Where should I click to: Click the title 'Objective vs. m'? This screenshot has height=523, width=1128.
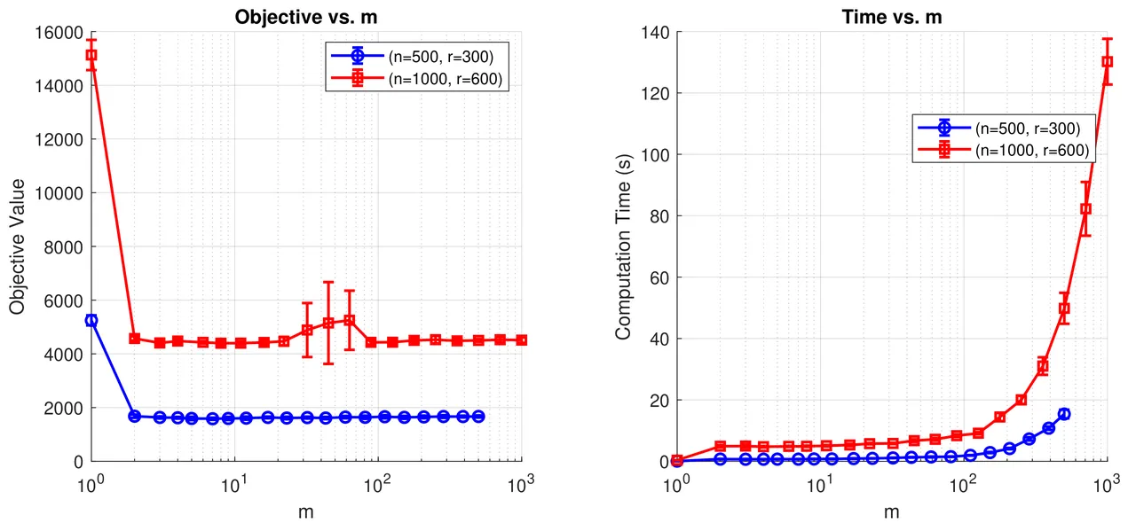(x=306, y=16)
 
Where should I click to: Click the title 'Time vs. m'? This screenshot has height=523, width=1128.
(x=892, y=16)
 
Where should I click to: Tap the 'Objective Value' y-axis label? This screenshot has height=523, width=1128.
(x=18, y=247)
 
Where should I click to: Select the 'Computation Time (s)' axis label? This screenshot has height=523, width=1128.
(x=624, y=247)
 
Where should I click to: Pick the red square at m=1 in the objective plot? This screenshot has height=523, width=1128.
(x=91, y=55)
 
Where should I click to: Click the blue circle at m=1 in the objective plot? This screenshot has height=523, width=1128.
(x=91, y=320)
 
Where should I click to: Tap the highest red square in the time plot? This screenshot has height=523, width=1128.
(x=1107, y=62)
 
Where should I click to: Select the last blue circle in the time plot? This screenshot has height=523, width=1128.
(x=1064, y=414)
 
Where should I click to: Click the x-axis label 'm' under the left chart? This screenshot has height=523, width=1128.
(x=306, y=511)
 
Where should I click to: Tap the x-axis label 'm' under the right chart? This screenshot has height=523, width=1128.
(x=892, y=511)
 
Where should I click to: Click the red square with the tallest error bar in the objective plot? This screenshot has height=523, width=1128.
(x=328, y=323)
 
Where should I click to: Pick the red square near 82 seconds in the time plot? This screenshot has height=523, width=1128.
(x=1085, y=209)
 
